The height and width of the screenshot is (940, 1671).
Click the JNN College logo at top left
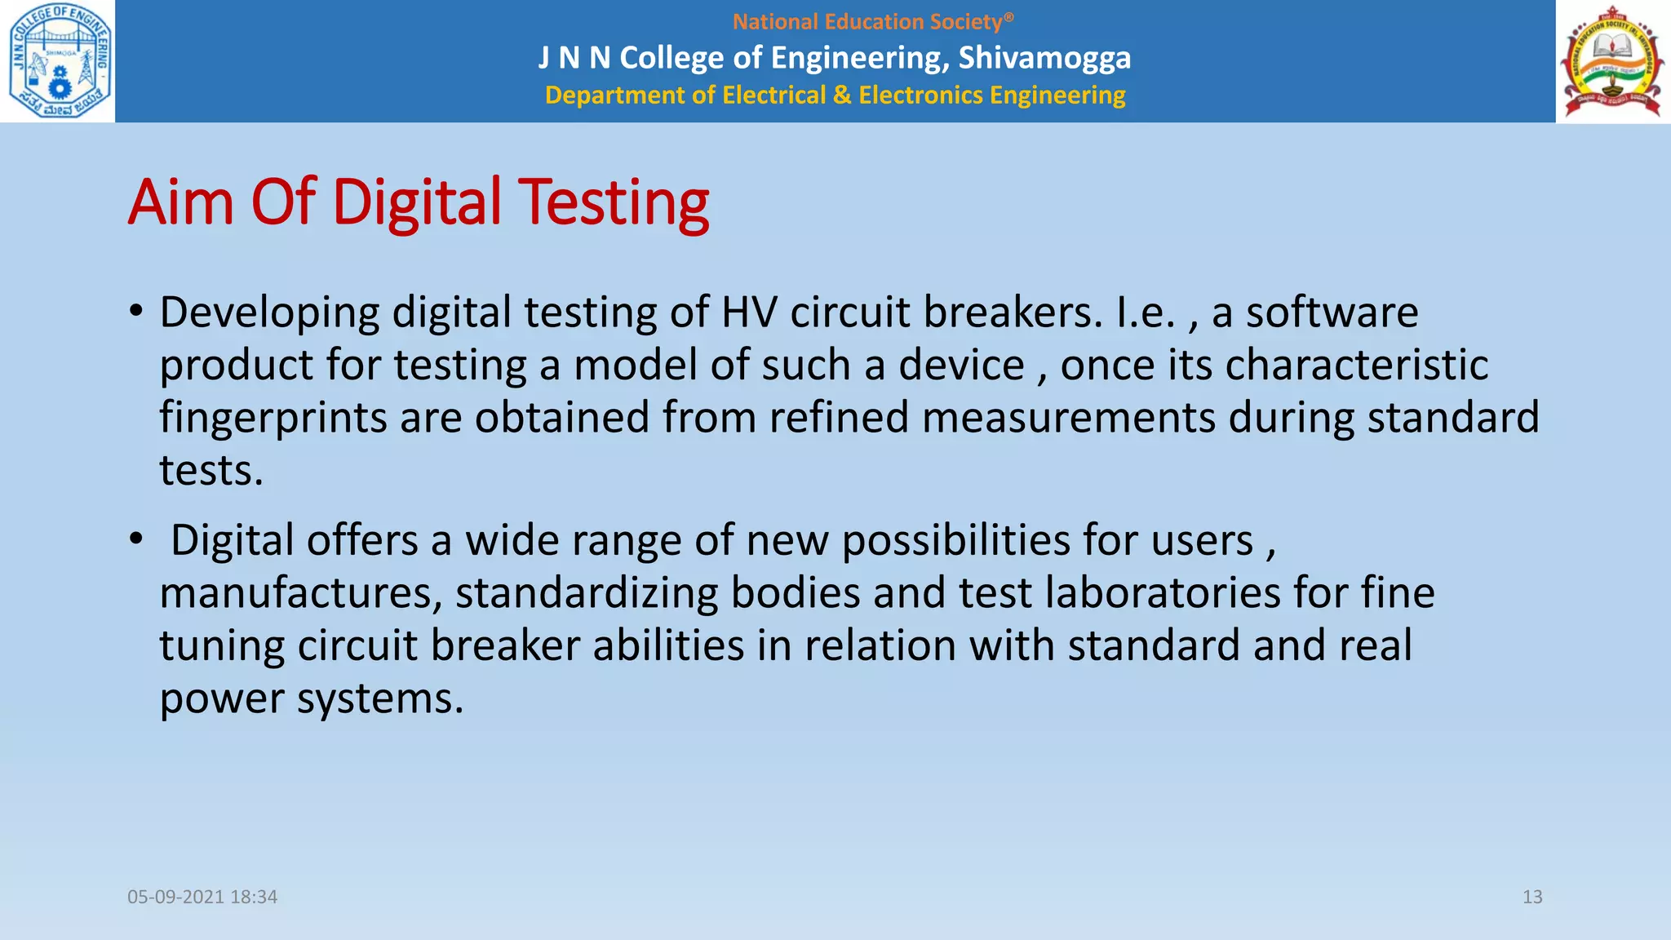click(59, 61)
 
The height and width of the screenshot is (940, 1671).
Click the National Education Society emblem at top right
click(1612, 62)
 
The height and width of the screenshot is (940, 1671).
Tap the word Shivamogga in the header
click(1044, 58)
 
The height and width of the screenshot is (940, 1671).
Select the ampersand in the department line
click(841, 95)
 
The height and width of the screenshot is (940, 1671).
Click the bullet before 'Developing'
click(136, 312)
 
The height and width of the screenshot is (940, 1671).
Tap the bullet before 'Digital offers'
click(136, 539)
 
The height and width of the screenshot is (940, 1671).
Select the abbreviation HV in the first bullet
click(749, 313)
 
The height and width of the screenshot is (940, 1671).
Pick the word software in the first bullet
click(1332, 313)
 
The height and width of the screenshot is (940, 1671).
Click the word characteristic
click(1357, 365)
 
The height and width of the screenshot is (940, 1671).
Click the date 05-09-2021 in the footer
click(175, 897)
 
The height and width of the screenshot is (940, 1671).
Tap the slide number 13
click(1532, 897)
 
